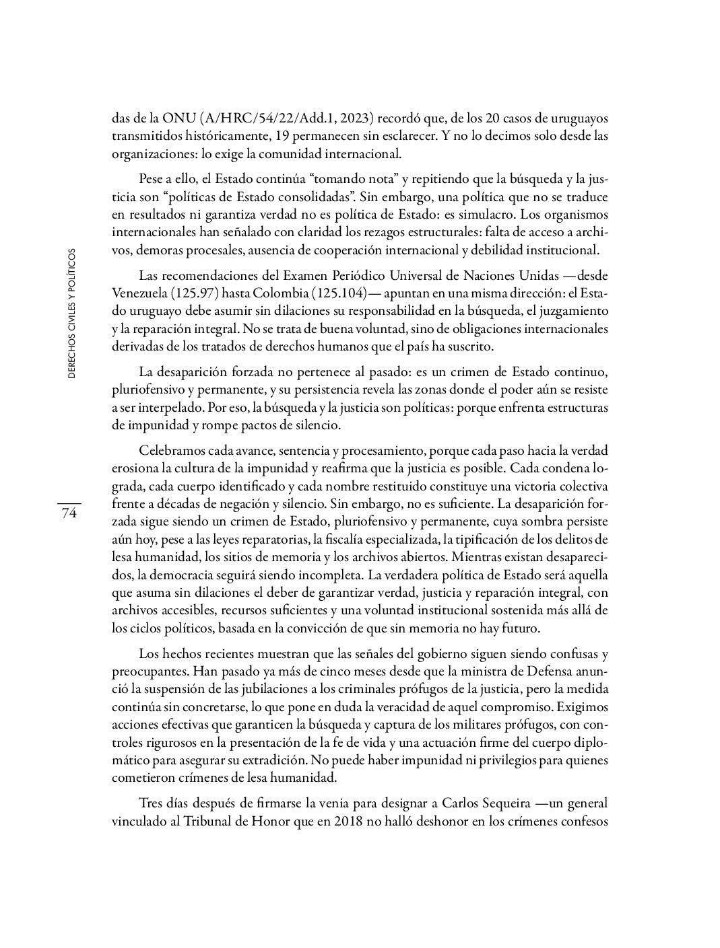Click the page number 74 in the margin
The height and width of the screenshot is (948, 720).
point(69,514)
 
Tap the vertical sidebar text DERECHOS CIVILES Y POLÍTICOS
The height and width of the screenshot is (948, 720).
point(71,315)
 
